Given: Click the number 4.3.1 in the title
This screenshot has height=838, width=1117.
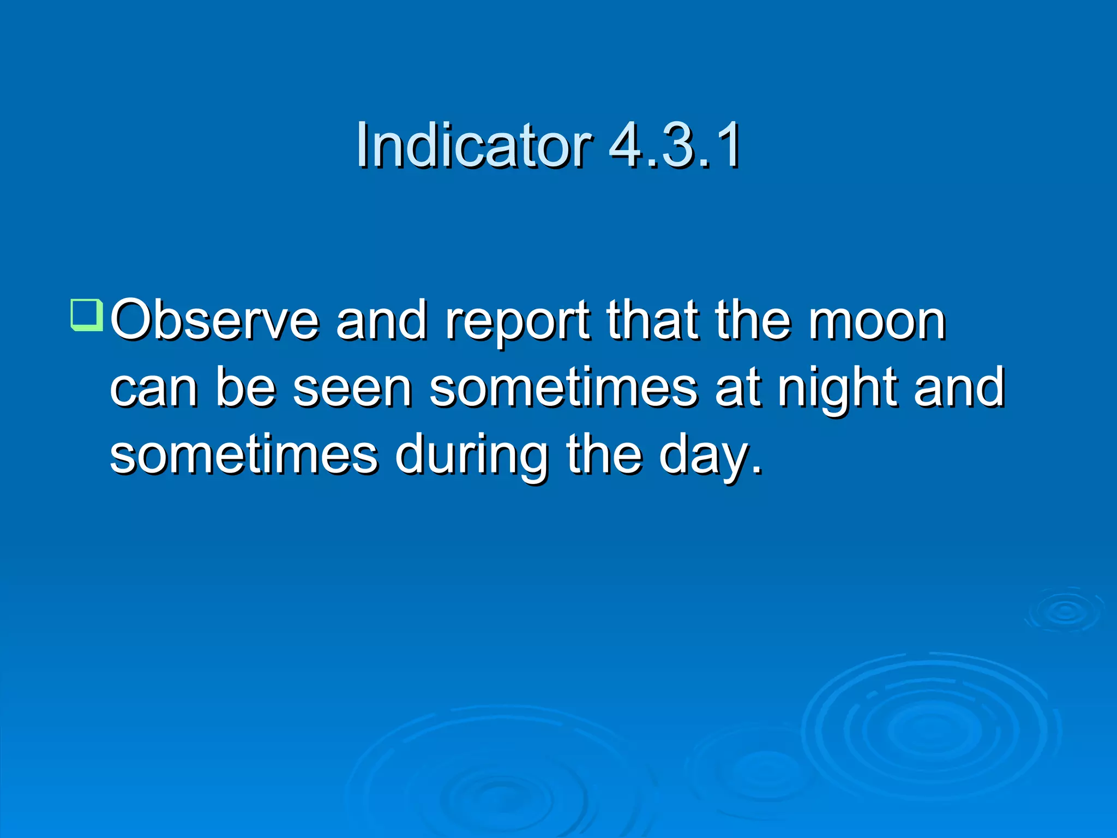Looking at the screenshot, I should point(675,145).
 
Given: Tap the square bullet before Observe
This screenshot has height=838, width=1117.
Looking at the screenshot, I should point(86,315).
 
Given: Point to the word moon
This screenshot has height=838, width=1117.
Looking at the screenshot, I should point(877,322).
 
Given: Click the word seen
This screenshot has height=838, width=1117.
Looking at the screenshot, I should point(352,388).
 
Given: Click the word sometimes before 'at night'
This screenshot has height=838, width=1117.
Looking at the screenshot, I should point(563,388).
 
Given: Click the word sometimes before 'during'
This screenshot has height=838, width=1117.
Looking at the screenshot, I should point(244,455).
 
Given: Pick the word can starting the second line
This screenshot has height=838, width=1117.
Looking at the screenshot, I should point(154,389).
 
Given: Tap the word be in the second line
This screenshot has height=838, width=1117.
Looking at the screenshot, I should point(245,388).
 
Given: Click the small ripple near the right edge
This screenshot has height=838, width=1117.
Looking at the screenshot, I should point(1065,610).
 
